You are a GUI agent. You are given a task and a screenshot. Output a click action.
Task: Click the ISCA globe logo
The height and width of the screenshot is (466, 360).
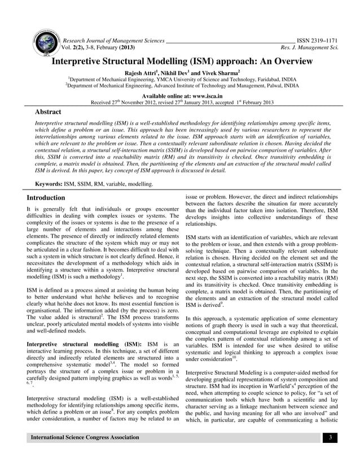[46, 42]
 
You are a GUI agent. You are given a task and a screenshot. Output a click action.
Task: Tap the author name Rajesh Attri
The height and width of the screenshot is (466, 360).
[147, 73]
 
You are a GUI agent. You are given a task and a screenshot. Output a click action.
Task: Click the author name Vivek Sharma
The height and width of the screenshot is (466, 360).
[221, 73]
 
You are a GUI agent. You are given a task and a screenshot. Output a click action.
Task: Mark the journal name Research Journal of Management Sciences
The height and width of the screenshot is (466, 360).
[113, 41]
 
